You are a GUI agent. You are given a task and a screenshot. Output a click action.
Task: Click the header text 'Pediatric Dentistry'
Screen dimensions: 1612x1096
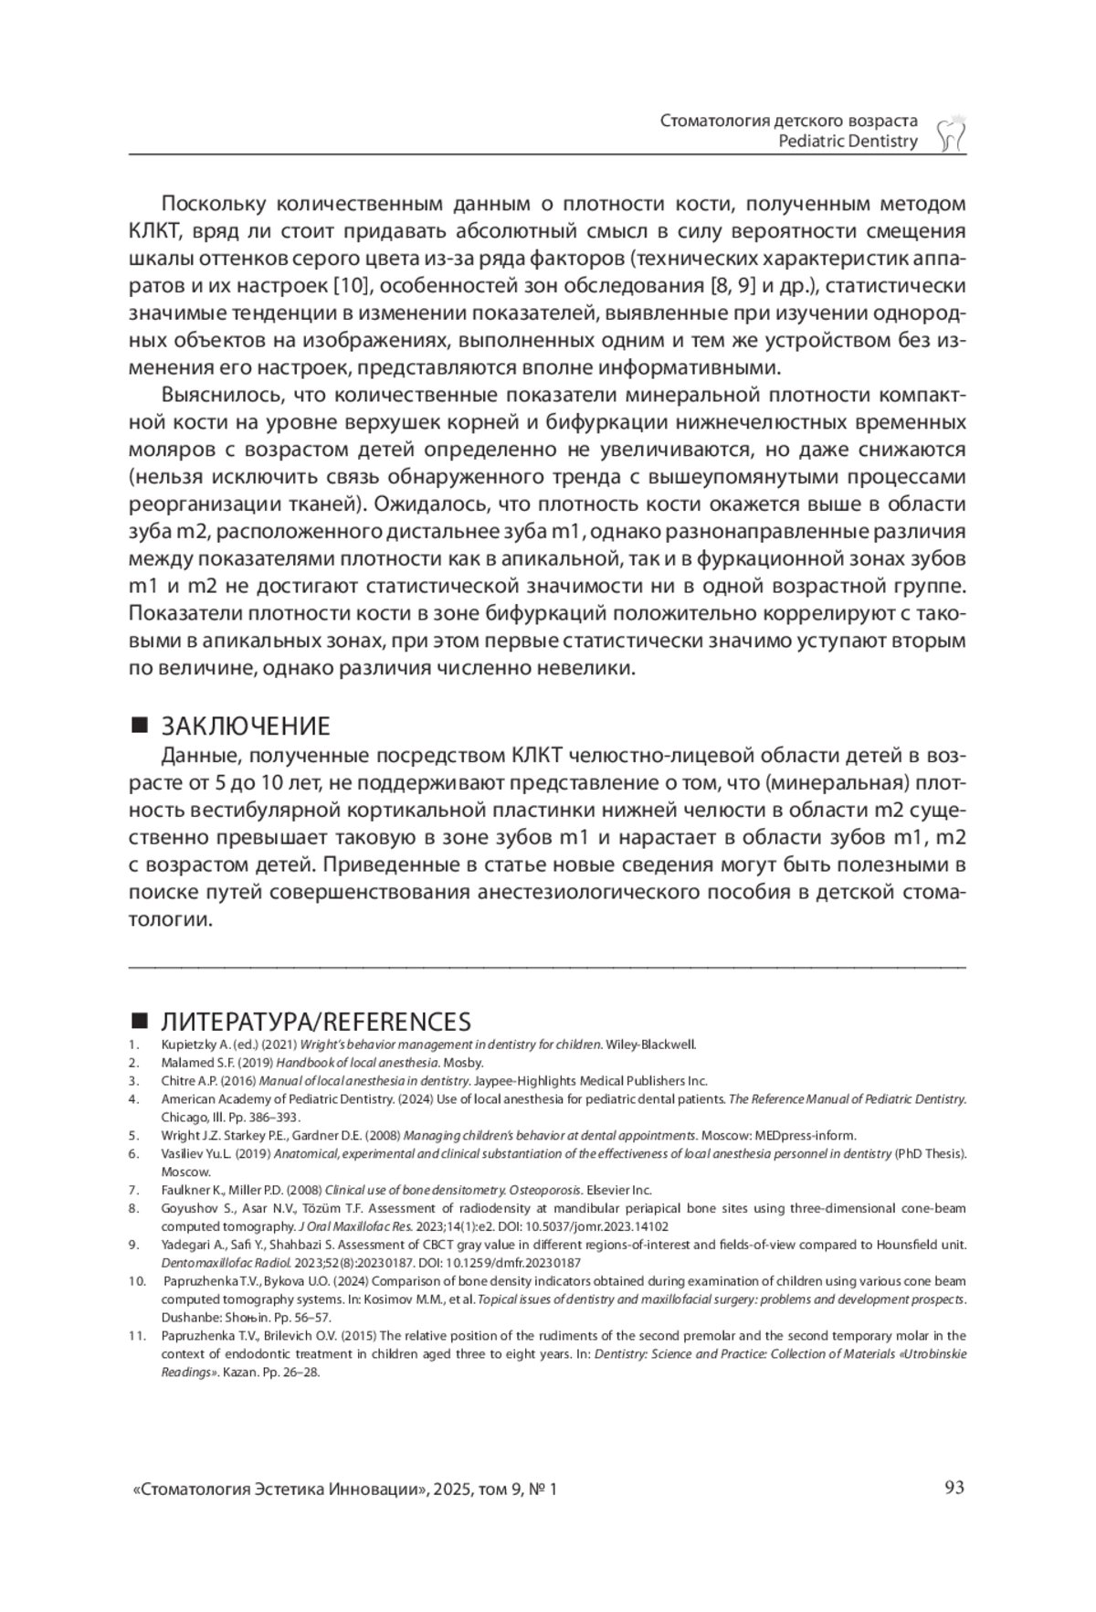848,142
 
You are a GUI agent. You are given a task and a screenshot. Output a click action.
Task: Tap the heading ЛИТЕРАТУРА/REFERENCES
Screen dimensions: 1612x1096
316,1022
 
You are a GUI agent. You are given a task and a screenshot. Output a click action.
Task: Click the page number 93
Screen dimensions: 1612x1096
954,1488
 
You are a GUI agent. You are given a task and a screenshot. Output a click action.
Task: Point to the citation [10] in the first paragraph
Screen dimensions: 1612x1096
351,286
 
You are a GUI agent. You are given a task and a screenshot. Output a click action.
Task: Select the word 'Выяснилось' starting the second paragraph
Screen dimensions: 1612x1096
219,396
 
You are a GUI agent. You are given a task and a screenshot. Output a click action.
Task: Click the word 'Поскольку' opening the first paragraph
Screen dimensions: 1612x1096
212,203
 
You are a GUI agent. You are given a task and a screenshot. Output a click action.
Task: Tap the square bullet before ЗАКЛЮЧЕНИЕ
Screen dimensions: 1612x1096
140,726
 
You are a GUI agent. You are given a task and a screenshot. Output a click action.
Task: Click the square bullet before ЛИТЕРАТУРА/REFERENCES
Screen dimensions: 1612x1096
140,1021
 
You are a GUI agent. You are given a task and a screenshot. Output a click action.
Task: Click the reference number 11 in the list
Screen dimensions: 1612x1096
137,1336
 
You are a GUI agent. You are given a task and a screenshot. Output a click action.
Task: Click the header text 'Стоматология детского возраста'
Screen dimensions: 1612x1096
788,121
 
